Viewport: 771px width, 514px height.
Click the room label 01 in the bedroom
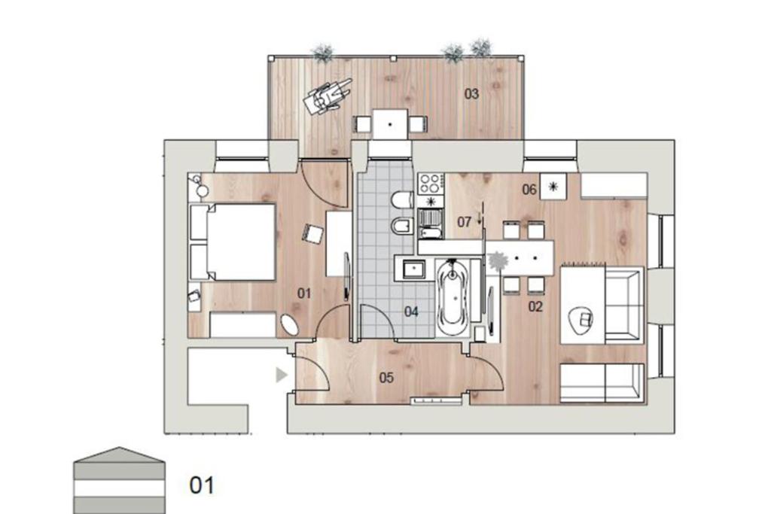304,293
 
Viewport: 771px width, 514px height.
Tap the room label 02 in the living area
535,306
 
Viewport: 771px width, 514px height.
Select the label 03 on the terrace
471,93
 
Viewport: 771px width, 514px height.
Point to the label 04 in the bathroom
411,311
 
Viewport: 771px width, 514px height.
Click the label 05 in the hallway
386,377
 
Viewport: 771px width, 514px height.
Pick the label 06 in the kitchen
529,189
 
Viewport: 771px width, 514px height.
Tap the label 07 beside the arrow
464,222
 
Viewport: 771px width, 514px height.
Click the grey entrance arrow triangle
282,375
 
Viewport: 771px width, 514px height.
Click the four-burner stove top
430,184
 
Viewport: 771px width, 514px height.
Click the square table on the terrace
390,124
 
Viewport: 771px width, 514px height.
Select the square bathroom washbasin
413,269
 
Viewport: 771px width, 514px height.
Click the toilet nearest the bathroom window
402,199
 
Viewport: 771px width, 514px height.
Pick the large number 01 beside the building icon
202,485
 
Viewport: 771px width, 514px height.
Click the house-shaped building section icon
119,480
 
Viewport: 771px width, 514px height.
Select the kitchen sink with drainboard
431,224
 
